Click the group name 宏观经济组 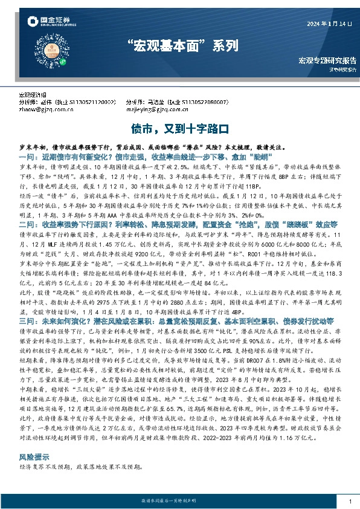point(31,96)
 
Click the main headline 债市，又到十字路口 point(180,129)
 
